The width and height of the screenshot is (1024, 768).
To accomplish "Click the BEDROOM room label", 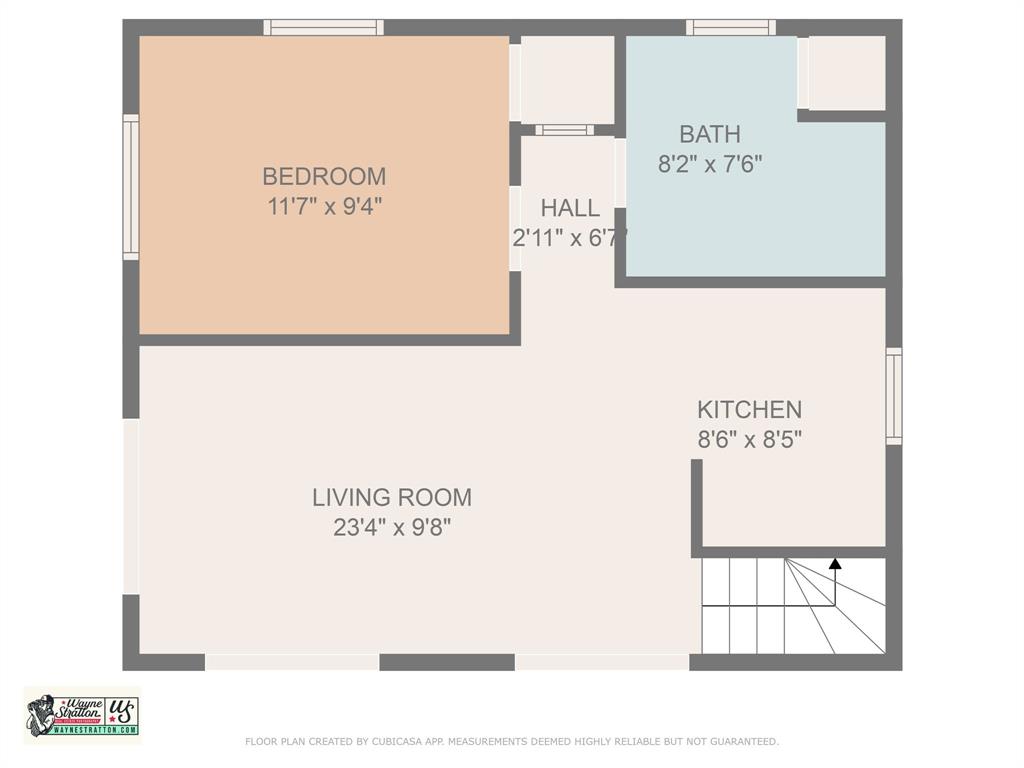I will tap(324, 177).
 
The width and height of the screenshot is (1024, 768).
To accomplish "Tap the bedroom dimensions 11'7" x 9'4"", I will tap(324, 207).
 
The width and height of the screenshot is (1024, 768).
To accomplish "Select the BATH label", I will tap(710, 134).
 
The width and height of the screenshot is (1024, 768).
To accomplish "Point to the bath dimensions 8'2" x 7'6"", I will tap(710, 164).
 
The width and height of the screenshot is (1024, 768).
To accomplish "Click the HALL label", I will tap(570, 208).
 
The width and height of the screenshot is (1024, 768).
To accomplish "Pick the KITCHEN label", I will tap(749, 409).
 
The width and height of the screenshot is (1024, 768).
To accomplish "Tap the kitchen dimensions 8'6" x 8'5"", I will tap(749, 439).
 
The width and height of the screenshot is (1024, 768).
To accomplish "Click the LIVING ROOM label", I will tap(392, 497).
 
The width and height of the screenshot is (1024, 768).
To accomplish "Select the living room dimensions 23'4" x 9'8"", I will tap(392, 527).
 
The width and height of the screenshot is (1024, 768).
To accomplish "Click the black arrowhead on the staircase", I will tap(835, 564).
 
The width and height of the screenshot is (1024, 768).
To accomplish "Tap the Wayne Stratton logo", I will tap(82, 716).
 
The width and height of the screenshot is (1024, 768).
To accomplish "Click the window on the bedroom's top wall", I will tap(323, 27).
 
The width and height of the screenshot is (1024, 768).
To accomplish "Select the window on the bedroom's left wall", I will tap(131, 187).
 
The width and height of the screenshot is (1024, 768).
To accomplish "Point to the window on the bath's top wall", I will tap(730, 27).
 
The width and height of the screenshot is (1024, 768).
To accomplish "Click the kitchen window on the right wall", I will tap(893, 395).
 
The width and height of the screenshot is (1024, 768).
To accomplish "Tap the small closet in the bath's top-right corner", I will tap(846, 73).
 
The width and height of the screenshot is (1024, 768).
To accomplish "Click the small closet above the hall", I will tap(567, 80).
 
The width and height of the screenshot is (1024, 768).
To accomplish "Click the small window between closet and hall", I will tap(564, 130).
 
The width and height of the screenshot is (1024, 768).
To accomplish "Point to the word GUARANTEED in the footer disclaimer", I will tap(742, 742).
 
